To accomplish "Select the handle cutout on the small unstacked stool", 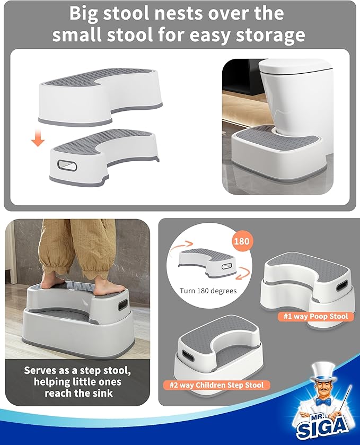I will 68,166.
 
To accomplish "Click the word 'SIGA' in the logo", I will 325,425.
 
